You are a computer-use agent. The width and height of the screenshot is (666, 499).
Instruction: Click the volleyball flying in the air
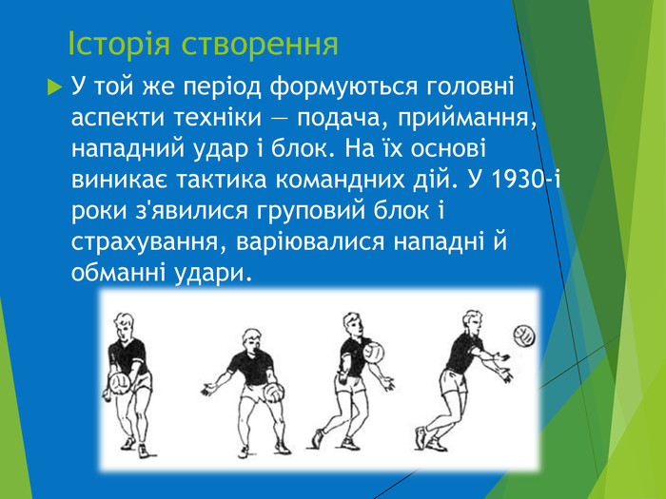coord(524,336)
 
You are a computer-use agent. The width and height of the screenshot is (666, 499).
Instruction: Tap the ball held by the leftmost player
coord(121,382)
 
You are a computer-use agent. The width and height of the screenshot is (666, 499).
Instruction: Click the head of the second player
coord(251,339)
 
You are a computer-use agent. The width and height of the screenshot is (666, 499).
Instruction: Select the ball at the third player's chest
coord(374,352)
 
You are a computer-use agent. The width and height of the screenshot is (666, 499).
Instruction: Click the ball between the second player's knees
coord(272,392)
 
